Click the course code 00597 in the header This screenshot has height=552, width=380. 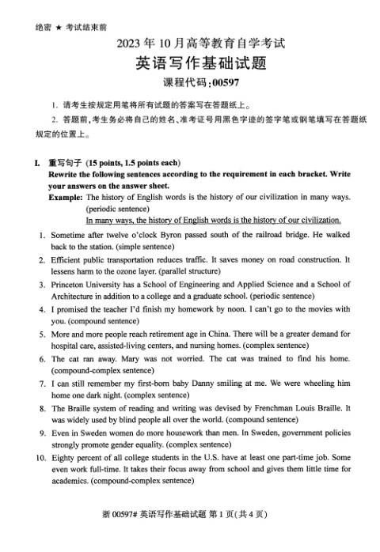pos(219,81)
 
